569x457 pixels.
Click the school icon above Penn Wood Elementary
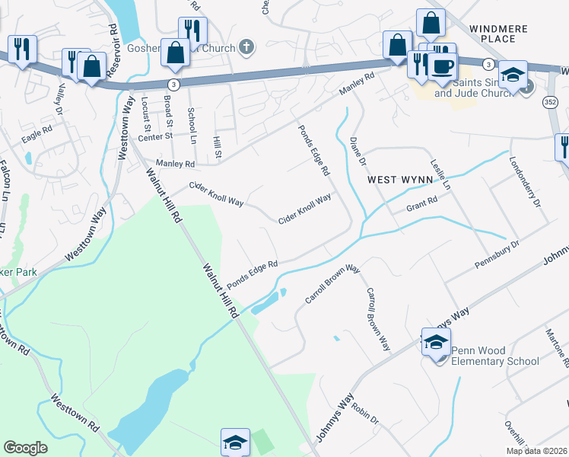tap(436, 341)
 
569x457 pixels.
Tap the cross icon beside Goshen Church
tap(246, 47)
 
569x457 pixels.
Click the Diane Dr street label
tap(358, 153)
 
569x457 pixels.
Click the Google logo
tap(25, 448)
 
